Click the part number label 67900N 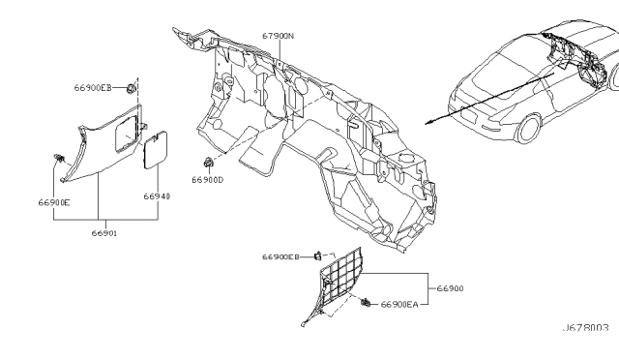[277, 36]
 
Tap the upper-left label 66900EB [93, 88]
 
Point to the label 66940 [157, 195]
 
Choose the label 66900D [207, 180]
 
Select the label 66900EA [398, 304]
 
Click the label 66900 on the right [451, 288]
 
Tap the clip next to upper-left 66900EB [130, 88]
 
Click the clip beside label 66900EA [366, 304]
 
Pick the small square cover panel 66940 [153, 155]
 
